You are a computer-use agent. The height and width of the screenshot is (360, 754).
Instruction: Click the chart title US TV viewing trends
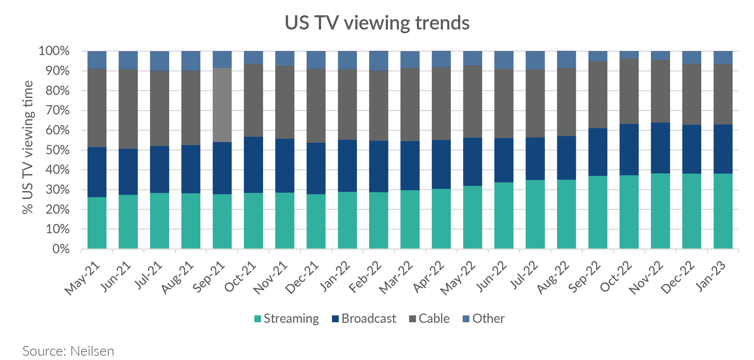pyautogui.click(x=377, y=23)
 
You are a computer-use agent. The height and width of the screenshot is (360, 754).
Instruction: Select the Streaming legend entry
pyautogui.click(x=291, y=319)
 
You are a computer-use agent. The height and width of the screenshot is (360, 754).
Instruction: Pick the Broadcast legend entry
pyautogui.click(x=368, y=319)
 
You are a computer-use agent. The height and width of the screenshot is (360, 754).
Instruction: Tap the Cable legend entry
pyautogui.click(x=434, y=319)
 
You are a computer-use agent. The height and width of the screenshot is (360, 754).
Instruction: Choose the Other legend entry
pyautogui.click(x=488, y=319)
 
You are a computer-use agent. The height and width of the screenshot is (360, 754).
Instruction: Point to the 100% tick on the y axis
pyautogui.click(x=54, y=51)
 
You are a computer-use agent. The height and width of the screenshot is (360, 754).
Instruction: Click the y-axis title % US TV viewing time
pyautogui.click(x=28, y=148)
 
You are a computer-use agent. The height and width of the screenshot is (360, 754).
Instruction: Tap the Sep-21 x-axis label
pyautogui.click(x=209, y=277)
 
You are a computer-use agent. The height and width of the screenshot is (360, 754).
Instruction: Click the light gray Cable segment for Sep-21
pyautogui.click(x=222, y=105)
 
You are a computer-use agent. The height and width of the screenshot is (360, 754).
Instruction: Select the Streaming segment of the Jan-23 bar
pyautogui.click(x=723, y=211)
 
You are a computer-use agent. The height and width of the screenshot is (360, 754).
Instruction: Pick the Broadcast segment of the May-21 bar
pyautogui.click(x=97, y=172)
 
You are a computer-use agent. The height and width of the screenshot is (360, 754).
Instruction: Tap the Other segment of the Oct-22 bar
pyautogui.click(x=629, y=55)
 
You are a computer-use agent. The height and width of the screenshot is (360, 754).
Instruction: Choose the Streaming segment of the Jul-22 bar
pyautogui.click(x=535, y=214)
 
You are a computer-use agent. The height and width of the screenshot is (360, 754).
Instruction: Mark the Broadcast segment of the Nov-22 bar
pyautogui.click(x=660, y=148)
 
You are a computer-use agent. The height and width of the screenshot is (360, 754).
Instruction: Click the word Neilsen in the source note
pyautogui.click(x=92, y=351)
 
